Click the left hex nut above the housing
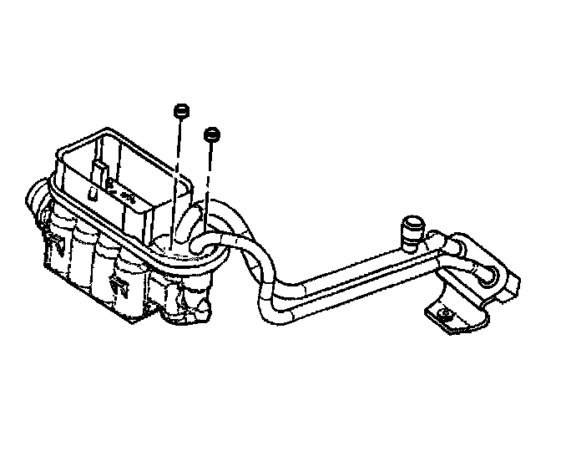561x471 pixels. pyautogui.click(x=179, y=111)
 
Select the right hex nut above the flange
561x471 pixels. pyautogui.click(x=212, y=133)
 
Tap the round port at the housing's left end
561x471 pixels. pyautogui.click(x=34, y=201)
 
